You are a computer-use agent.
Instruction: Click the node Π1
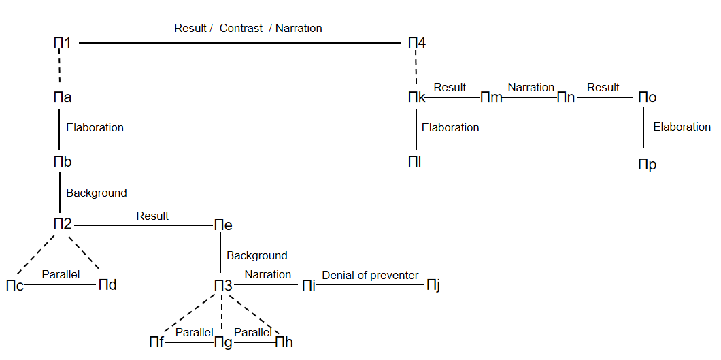(x=63, y=43)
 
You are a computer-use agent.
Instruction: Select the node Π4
(x=417, y=43)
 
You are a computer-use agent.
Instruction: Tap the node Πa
(x=63, y=97)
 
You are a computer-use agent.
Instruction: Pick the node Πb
(x=63, y=162)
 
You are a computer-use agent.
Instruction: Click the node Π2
(x=63, y=223)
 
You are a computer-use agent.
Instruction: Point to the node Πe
(x=223, y=225)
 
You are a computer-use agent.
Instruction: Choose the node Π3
(x=223, y=285)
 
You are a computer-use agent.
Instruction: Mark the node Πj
(x=433, y=285)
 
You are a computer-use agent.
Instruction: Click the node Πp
(x=647, y=165)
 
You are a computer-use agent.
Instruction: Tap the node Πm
(x=491, y=97)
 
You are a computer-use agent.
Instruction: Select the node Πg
(x=223, y=342)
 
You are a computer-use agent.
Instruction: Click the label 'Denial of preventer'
(x=370, y=275)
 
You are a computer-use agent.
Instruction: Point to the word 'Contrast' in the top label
(x=241, y=28)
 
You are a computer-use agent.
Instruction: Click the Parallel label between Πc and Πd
(x=61, y=274)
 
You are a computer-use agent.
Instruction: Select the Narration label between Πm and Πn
(x=531, y=87)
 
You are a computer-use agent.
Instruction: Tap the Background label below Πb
(x=96, y=193)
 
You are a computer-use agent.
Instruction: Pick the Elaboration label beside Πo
(x=682, y=127)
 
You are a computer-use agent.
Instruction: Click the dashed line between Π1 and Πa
(x=63, y=70)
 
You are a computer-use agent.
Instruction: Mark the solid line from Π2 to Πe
(x=143, y=225)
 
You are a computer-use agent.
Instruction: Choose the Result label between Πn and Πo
(x=603, y=87)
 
